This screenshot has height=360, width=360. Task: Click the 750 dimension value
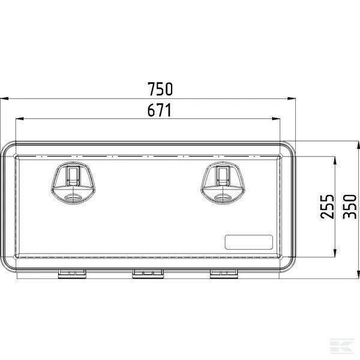pos(160,89)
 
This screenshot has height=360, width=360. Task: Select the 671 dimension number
pos(160,110)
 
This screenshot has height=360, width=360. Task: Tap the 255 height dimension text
pos(327,206)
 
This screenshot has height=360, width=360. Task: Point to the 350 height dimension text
pos(349,206)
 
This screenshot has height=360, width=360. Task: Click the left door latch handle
pos(73,183)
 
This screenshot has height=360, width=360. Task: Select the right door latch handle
pos(223,183)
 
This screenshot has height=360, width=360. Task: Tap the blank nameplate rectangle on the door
pos(248,242)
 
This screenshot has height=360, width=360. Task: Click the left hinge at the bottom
pos(72,274)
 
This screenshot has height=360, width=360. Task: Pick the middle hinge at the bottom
pos(148,274)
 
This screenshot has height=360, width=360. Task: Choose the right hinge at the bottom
pos(224,274)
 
